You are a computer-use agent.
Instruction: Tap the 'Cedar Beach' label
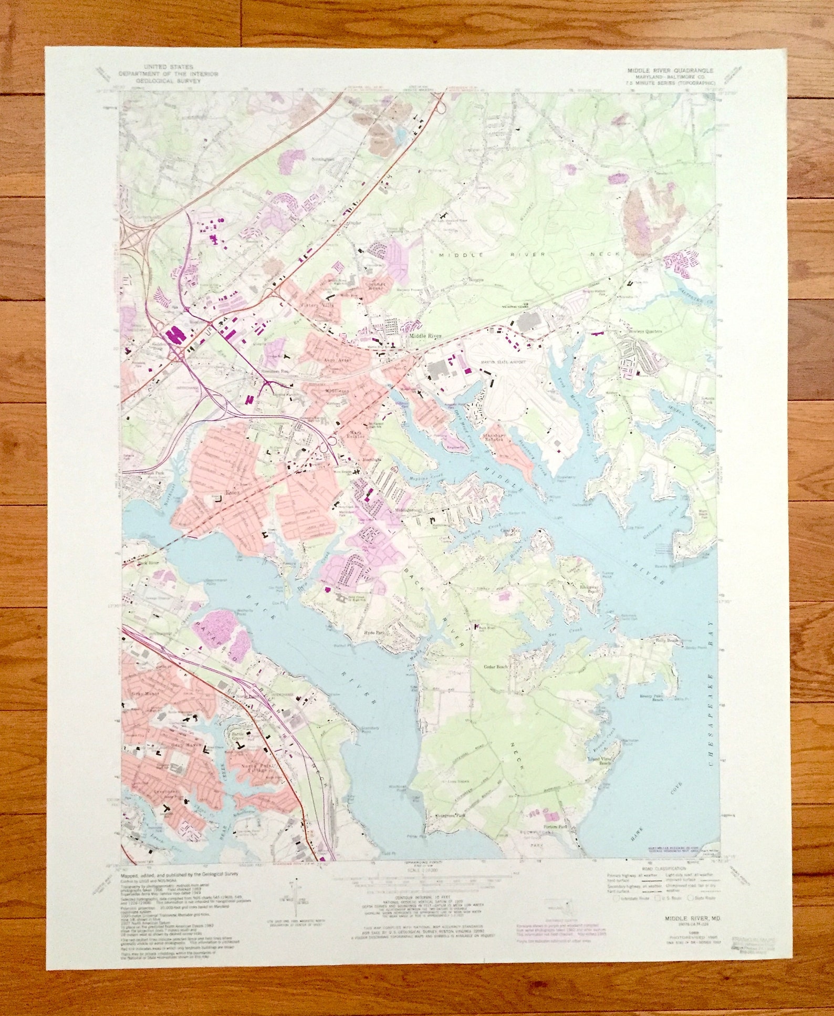(496, 667)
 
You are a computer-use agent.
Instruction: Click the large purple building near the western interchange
(175, 336)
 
